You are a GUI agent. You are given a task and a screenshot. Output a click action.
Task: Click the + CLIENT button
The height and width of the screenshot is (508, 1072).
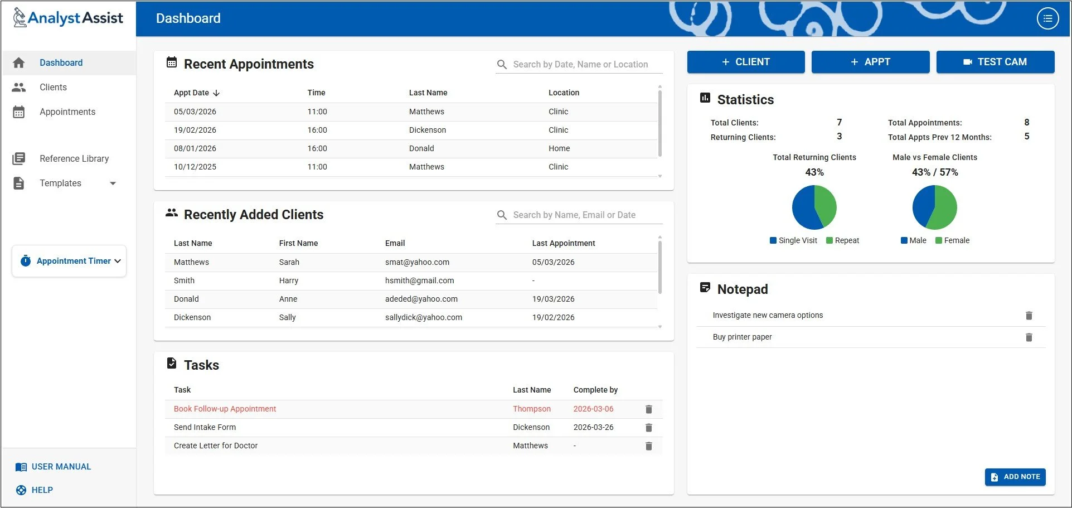(x=745, y=62)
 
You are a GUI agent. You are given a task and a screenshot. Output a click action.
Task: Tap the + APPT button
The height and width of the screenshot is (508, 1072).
(x=870, y=62)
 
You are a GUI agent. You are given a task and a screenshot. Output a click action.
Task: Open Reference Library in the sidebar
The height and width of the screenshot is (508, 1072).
(x=74, y=159)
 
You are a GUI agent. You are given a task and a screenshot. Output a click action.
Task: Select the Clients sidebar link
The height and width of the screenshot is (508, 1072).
(x=53, y=88)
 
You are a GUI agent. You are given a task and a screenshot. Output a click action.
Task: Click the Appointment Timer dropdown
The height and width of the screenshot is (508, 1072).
(x=70, y=261)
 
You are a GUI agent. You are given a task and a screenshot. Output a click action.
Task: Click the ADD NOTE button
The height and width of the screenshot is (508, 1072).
(x=1015, y=477)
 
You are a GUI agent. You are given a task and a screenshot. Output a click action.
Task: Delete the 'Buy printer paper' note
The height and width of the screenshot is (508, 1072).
(x=1029, y=337)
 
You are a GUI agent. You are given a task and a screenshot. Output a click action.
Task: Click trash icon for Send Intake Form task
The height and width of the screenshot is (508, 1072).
(x=648, y=428)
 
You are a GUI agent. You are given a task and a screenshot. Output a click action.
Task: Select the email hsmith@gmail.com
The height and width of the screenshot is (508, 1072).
(x=419, y=281)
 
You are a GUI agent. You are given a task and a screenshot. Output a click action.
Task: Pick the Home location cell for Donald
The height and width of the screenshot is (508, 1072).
(x=559, y=149)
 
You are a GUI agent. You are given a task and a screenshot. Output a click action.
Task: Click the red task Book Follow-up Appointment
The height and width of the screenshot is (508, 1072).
(x=225, y=409)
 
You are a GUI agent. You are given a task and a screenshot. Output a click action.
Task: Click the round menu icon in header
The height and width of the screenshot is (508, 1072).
(x=1047, y=18)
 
